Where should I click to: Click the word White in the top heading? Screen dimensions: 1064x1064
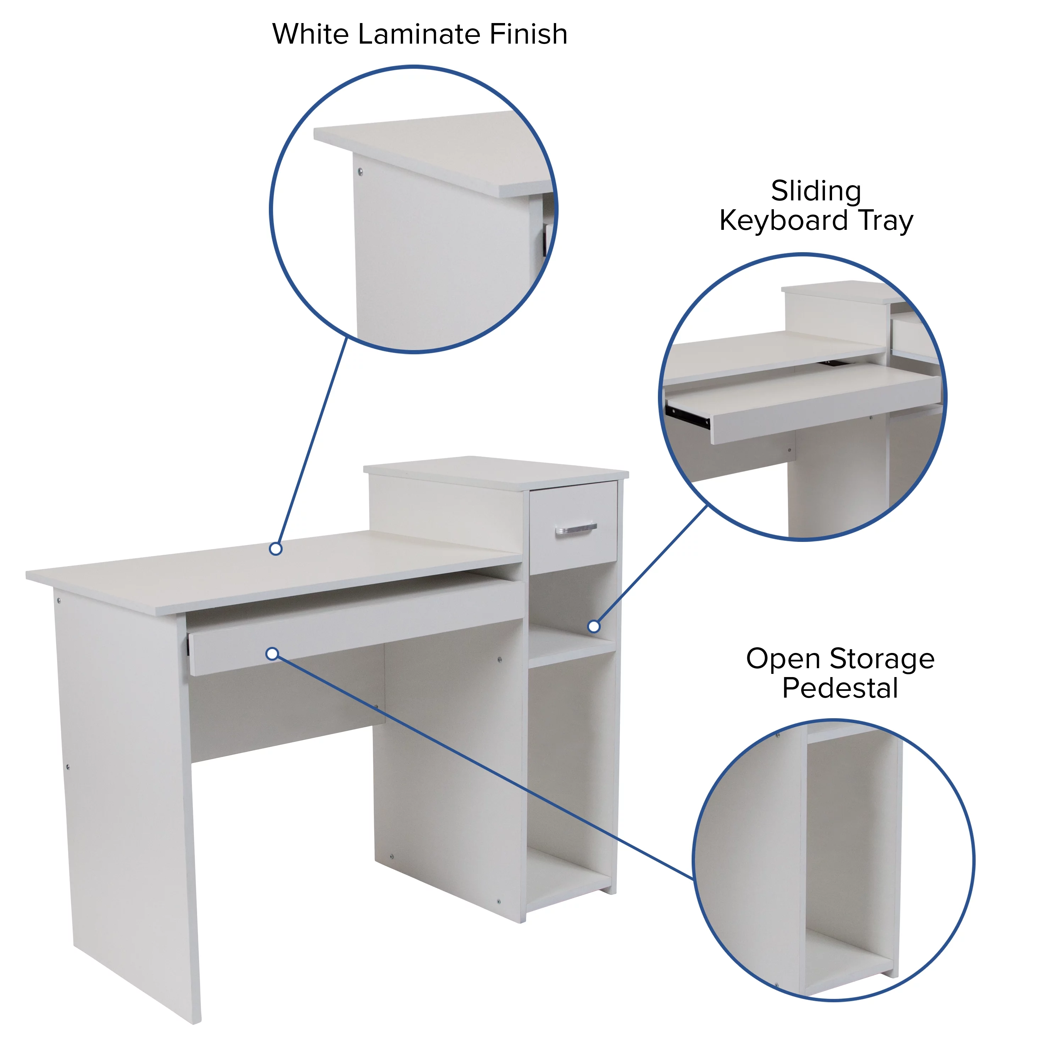(x=311, y=34)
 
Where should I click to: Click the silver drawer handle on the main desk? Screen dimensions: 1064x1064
(x=576, y=529)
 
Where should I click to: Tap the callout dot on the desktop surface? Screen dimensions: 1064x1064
(x=276, y=549)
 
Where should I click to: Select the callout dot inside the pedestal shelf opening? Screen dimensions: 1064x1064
(x=594, y=626)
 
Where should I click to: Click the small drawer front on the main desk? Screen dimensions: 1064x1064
(x=573, y=545)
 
